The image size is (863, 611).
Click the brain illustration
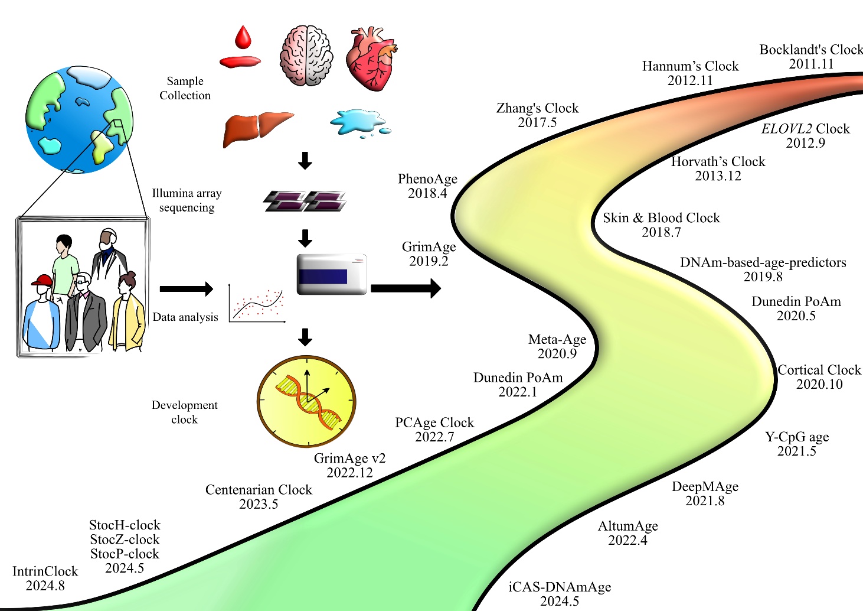(306, 56)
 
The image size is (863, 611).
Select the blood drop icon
(243, 37)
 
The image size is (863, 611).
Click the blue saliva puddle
(359, 123)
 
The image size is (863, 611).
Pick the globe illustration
(79, 119)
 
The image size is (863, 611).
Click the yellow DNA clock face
(306, 401)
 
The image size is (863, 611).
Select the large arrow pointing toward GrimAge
(406, 288)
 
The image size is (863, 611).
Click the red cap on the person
(41, 281)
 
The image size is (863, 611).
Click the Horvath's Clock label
(718, 162)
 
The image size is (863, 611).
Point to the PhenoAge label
(427, 179)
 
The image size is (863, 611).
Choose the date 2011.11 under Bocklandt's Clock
(811, 64)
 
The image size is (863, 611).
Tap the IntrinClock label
(45, 571)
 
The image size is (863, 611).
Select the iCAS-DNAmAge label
(560, 587)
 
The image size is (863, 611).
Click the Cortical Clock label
(819, 370)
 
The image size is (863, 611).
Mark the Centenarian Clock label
(259, 490)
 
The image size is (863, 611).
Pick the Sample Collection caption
(185, 88)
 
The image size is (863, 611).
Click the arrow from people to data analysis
(186, 289)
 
